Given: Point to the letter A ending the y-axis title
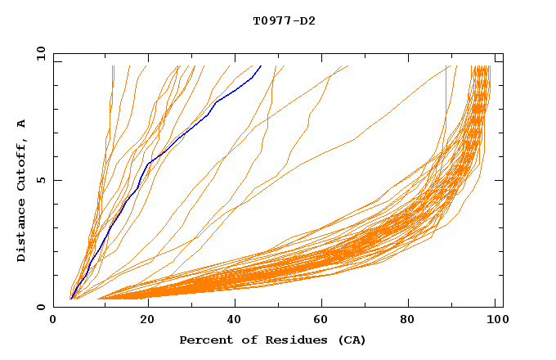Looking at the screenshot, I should pos(22,123).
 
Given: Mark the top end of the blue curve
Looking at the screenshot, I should pos(260,65).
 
